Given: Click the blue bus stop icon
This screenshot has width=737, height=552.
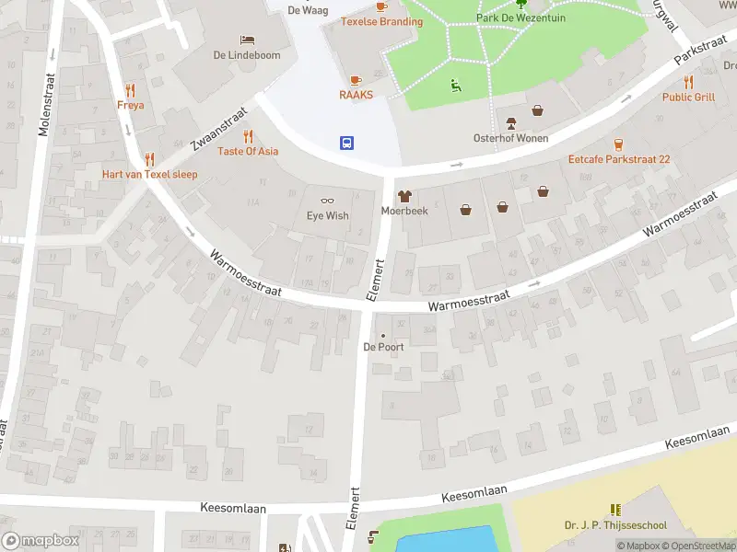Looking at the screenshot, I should [348, 143].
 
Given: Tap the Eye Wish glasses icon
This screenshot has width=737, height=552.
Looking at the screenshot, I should [327, 201].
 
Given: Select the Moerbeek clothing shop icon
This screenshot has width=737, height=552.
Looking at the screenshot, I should [404, 195].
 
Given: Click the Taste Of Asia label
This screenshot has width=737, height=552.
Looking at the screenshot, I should [248, 151].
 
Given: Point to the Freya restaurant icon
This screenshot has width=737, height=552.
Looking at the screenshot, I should [130, 90].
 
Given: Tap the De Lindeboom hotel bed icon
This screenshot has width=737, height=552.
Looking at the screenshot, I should [246, 40].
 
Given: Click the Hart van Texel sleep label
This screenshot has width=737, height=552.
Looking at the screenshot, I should [149, 175].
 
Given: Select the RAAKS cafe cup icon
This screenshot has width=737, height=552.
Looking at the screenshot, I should [355, 80].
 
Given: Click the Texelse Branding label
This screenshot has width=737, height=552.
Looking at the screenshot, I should [381, 21].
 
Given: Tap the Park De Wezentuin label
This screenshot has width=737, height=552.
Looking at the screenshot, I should [521, 17].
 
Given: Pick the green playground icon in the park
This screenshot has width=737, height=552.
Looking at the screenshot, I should [455, 86].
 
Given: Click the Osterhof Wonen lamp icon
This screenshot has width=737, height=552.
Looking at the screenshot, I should [510, 123].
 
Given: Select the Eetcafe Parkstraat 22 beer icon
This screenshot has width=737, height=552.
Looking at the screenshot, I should [618, 144].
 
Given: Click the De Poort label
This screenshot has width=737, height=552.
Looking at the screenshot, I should [383, 347].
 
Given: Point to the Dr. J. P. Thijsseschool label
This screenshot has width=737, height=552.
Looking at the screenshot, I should [615, 526].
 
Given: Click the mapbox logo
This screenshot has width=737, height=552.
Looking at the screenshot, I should [41, 541].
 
